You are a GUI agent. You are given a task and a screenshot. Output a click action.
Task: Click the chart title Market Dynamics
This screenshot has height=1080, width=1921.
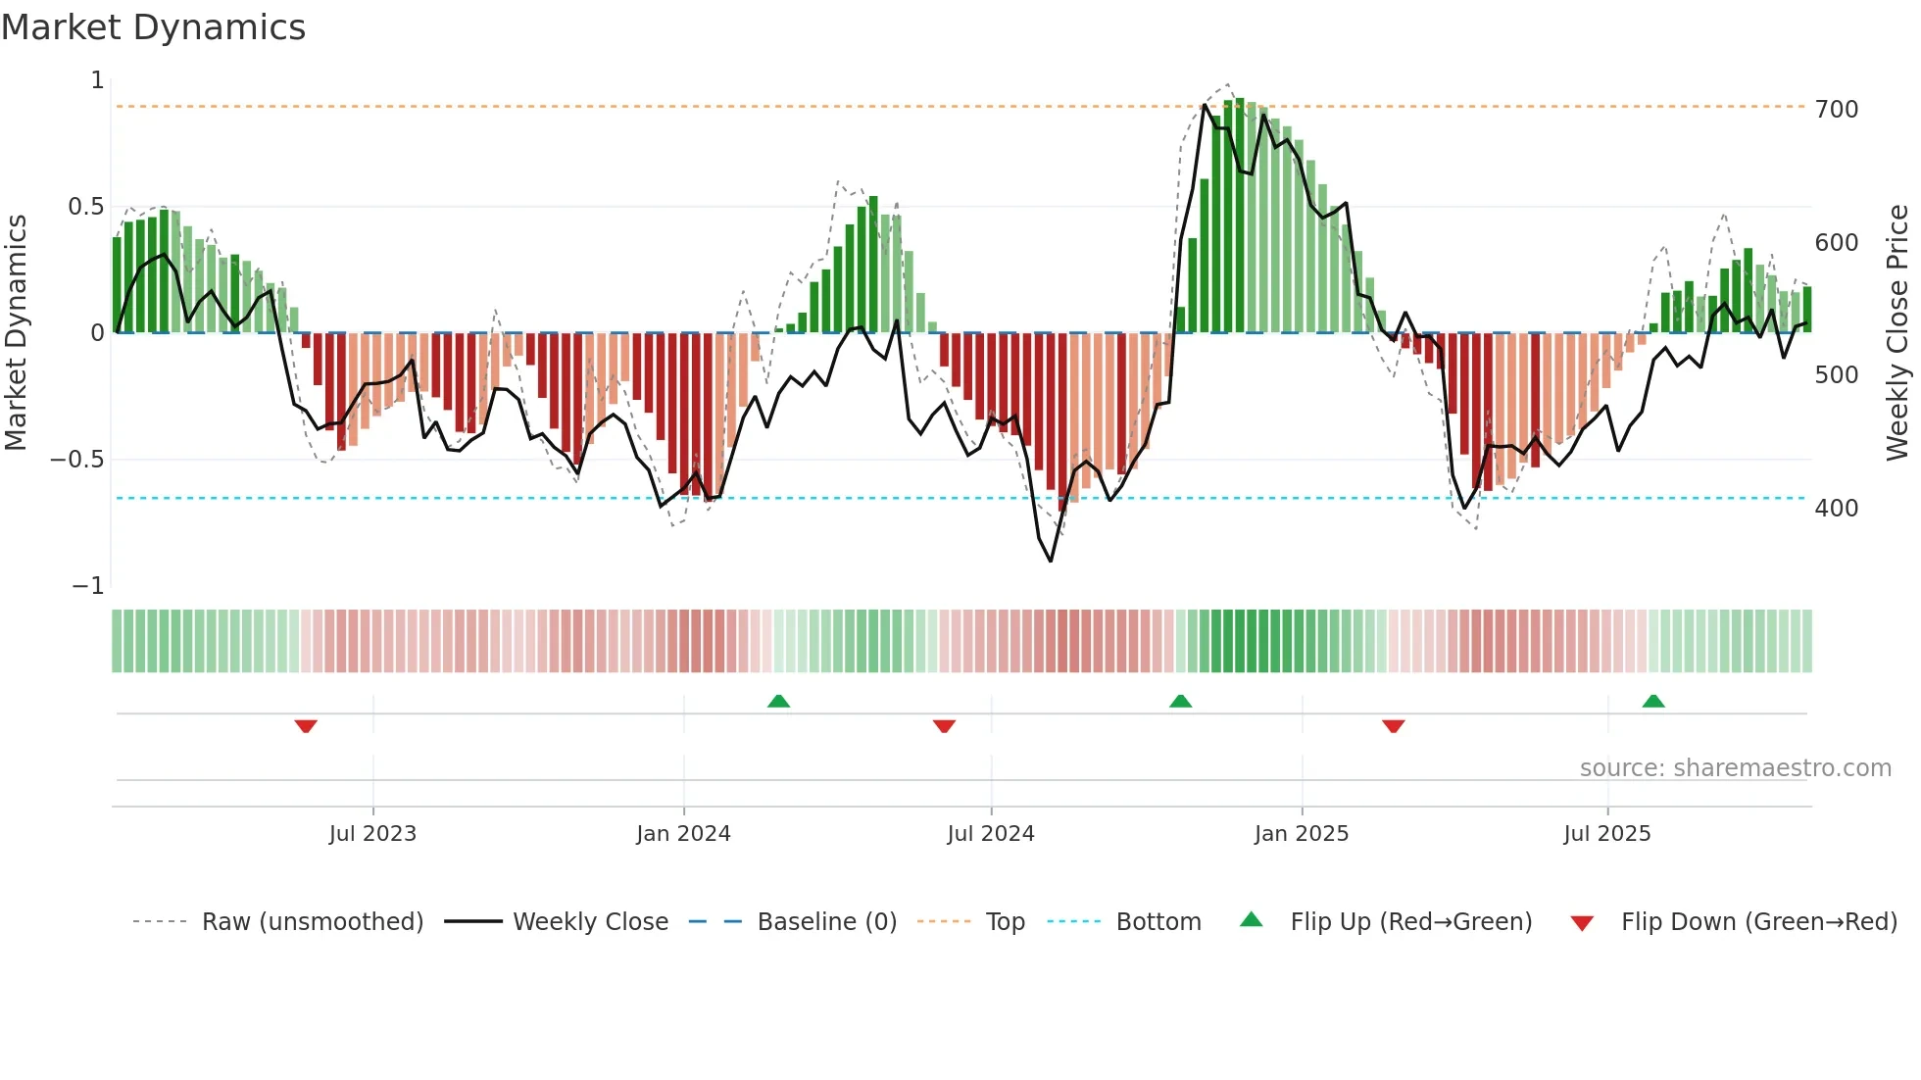click(154, 27)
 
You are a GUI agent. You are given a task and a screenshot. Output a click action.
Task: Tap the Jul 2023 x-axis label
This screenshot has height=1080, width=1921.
click(372, 834)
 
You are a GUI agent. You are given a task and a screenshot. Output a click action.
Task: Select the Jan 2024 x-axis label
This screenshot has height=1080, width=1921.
click(683, 834)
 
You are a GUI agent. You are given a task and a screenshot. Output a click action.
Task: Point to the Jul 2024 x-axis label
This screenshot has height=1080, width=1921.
click(991, 834)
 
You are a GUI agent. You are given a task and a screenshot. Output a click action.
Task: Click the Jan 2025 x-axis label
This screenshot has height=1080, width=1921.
click(1302, 834)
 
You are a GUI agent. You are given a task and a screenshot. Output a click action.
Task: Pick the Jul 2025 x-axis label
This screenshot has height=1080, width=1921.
click(1607, 834)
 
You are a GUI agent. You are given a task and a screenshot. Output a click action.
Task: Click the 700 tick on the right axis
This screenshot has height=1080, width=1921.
click(1837, 109)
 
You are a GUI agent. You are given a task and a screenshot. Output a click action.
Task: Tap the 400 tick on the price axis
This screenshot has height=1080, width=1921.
click(1837, 509)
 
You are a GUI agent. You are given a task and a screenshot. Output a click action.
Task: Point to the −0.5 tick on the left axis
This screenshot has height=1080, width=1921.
click(76, 460)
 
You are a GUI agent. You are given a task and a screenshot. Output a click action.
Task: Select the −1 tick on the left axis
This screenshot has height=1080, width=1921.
click(88, 586)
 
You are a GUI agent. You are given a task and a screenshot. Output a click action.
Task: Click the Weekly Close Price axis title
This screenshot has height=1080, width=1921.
click(1897, 333)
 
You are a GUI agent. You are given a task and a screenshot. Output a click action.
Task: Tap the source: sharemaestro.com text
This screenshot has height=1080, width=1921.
click(1735, 768)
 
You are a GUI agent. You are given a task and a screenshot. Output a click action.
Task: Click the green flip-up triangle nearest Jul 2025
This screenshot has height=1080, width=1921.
click(1653, 701)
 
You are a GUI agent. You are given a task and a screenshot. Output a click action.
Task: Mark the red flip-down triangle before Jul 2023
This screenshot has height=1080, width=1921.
click(306, 726)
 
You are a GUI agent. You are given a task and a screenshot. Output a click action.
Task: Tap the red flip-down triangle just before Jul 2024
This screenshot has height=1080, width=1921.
click(944, 726)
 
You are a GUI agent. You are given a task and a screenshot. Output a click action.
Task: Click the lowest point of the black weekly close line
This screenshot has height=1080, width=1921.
click(1051, 561)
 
